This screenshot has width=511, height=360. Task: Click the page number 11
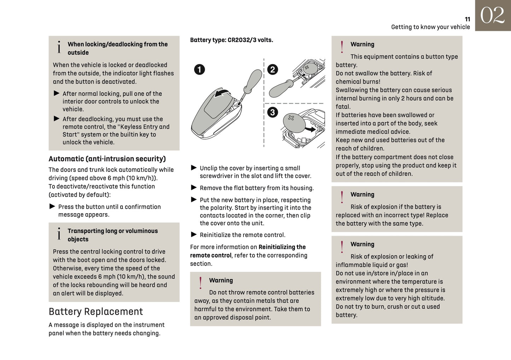point(467,19)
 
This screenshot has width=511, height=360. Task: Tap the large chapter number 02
point(493,16)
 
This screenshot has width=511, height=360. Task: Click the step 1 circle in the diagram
point(199,69)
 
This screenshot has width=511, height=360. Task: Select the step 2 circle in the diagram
point(272,69)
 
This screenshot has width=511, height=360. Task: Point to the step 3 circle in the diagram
point(272,112)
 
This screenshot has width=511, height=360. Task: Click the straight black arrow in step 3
point(310,129)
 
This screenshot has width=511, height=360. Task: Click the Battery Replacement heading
point(95,312)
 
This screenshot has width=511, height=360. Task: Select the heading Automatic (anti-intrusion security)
point(107,159)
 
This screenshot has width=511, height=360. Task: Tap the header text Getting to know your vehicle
point(430,27)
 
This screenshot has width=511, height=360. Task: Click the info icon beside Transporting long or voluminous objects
point(59,234)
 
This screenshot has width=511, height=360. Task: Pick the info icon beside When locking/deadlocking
point(59,47)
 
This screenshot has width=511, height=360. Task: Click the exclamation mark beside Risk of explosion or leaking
point(342,247)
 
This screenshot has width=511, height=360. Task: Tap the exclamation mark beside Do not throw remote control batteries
point(201,283)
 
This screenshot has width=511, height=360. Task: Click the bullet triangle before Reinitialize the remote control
point(194,234)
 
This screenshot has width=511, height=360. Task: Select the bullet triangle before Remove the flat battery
point(194,187)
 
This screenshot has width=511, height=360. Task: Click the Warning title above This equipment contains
point(362,44)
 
